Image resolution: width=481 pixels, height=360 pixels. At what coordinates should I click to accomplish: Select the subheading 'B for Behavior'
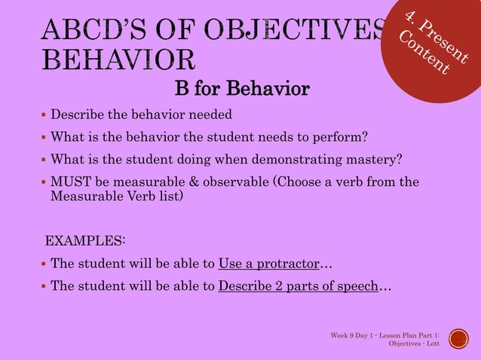pos(241,90)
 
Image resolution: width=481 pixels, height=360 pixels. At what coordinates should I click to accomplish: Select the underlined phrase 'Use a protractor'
pos(268,264)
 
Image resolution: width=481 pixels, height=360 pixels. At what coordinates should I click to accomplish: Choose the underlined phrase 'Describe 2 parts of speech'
pos(297,287)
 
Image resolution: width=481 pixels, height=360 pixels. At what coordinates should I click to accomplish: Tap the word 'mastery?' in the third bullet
pos(377,159)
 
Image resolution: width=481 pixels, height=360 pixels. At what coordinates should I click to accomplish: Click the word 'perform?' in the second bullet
pos(342,137)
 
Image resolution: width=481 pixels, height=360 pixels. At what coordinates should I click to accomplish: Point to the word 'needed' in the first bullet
pos(210,114)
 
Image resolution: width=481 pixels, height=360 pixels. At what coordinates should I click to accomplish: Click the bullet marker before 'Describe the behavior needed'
pos(43,114)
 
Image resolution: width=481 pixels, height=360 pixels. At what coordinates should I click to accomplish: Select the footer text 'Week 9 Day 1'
pos(354,334)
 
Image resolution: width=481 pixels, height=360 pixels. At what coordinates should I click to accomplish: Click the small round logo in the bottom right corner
pos(457,339)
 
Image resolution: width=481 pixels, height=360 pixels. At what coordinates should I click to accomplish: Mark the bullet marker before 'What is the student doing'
pos(43,159)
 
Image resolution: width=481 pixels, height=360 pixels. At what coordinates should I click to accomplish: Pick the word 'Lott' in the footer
pos(433,343)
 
